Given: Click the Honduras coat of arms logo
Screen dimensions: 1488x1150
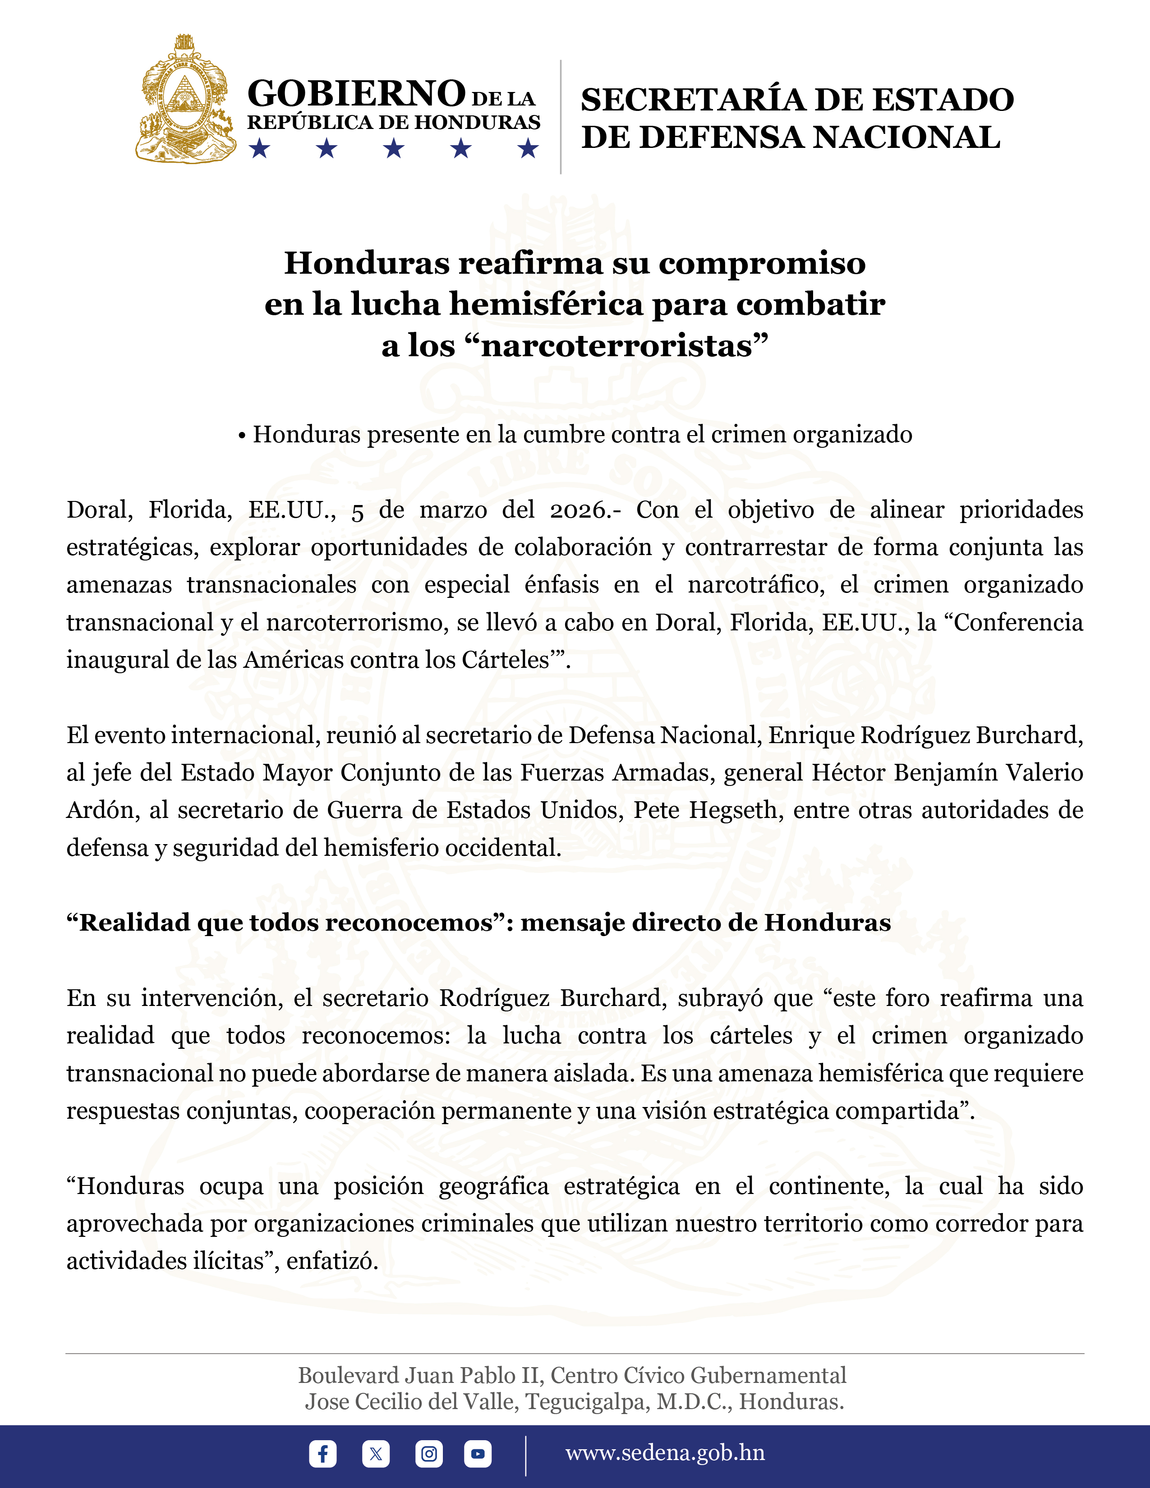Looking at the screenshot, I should tap(185, 100).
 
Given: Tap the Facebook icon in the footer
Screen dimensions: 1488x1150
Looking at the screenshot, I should tap(322, 1453).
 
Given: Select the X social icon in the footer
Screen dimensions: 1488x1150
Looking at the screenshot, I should tap(375, 1453).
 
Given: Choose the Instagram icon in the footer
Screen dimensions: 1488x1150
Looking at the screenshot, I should tap(428, 1453).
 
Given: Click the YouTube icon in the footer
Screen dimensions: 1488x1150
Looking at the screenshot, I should tap(478, 1453).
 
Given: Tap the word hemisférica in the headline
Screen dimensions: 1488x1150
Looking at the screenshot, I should tap(546, 304).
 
